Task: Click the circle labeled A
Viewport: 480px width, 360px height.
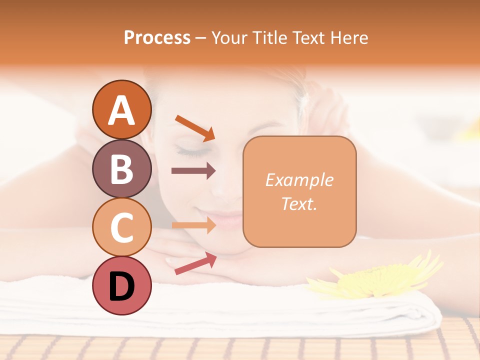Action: pyautogui.click(x=121, y=109)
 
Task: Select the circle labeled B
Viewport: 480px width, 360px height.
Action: pyautogui.click(x=121, y=168)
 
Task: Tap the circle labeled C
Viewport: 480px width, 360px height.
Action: pyautogui.click(x=121, y=227)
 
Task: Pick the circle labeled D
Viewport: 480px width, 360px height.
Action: pyautogui.click(x=121, y=286)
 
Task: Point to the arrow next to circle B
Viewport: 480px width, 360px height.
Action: pyautogui.click(x=193, y=171)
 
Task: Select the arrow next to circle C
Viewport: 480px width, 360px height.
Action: pyautogui.click(x=193, y=225)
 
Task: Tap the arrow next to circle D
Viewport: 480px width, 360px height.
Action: pyautogui.click(x=195, y=263)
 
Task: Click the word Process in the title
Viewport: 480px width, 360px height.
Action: pyautogui.click(x=157, y=37)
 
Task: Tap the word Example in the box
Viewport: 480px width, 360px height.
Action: pyautogui.click(x=299, y=180)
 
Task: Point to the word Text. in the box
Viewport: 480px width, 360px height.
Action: pyautogui.click(x=299, y=203)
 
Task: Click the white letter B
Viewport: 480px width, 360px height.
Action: pyautogui.click(x=121, y=169)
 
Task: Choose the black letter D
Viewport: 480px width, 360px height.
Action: pyautogui.click(x=121, y=287)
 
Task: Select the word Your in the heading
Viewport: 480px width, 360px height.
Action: pyautogui.click(x=229, y=37)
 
